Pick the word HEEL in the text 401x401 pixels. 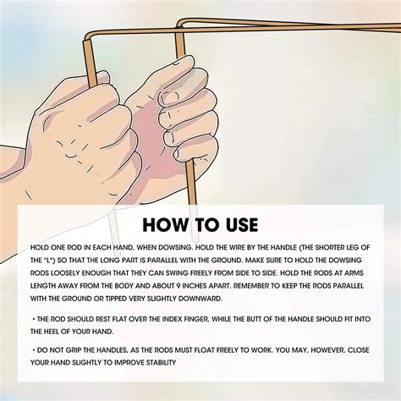pyautogui.click(x=51, y=332)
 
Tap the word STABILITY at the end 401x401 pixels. pyautogui.click(x=161, y=362)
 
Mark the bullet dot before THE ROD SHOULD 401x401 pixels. pyautogui.click(x=34, y=319)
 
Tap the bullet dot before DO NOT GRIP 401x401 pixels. pyautogui.click(x=34, y=350)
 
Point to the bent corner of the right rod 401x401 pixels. pyautogui.click(x=180, y=24)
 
